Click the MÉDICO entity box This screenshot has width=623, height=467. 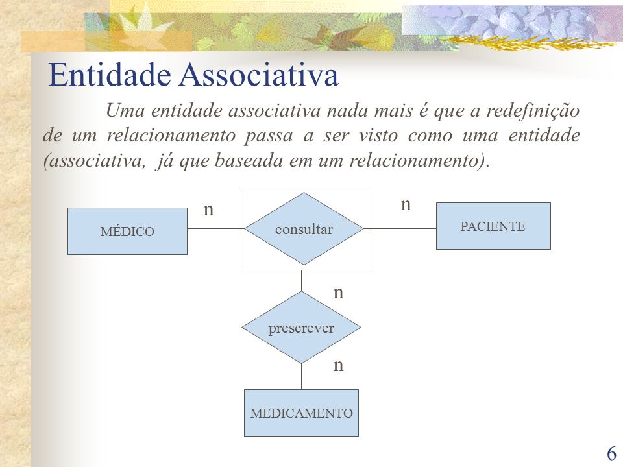[127, 231]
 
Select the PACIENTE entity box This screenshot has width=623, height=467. [493, 226]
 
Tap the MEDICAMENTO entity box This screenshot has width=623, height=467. [301, 413]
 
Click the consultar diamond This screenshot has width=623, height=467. [304, 229]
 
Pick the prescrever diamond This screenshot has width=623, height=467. [301, 327]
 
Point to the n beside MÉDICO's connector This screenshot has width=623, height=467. [208, 210]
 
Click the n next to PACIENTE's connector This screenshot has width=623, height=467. [406, 204]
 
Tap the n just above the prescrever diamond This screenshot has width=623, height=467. [338, 293]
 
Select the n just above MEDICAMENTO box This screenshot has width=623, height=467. [338, 365]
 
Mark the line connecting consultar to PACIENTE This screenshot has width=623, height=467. [400, 229]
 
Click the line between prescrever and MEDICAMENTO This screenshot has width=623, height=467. [301, 376]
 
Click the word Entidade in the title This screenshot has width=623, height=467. [110, 74]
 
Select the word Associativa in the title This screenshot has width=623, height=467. [259, 74]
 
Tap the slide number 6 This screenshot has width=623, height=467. [611, 453]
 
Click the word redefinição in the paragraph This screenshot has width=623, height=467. [533, 111]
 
